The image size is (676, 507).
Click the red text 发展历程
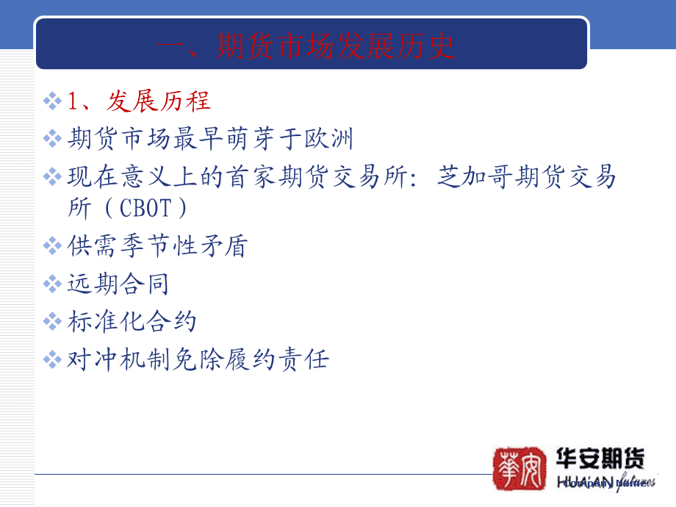click(x=159, y=101)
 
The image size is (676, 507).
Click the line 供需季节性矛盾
click(x=157, y=246)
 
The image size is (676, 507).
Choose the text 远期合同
click(x=118, y=284)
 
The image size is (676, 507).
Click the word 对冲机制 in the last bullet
click(x=118, y=359)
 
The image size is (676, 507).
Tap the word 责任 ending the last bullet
click(x=302, y=359)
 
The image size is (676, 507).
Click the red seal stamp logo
click(x=519, y=467)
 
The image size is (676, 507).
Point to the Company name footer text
click(x=607, y=483)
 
